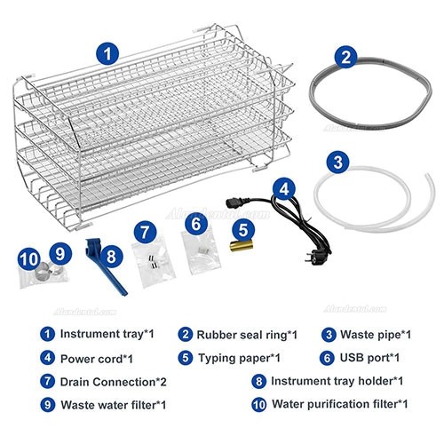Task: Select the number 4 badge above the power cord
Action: click(281, 188)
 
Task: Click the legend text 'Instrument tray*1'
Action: click(103, 335)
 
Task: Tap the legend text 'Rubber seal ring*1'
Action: click(240, 335)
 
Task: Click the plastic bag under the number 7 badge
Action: click(148, 263)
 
